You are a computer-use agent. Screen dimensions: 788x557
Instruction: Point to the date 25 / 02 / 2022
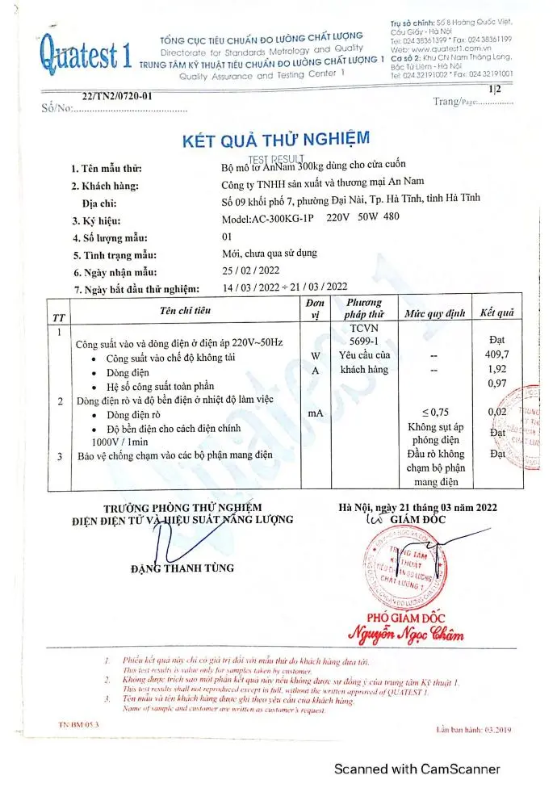[x=250, y=270]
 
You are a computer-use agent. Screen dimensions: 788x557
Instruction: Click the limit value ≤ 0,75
[x=436, y=412]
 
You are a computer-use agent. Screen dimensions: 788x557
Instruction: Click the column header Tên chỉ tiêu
[x=185, y=310]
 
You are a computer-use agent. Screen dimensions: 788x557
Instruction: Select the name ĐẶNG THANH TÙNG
[x=182, y=568]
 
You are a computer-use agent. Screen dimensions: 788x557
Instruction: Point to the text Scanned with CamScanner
[x=417, y=769]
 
